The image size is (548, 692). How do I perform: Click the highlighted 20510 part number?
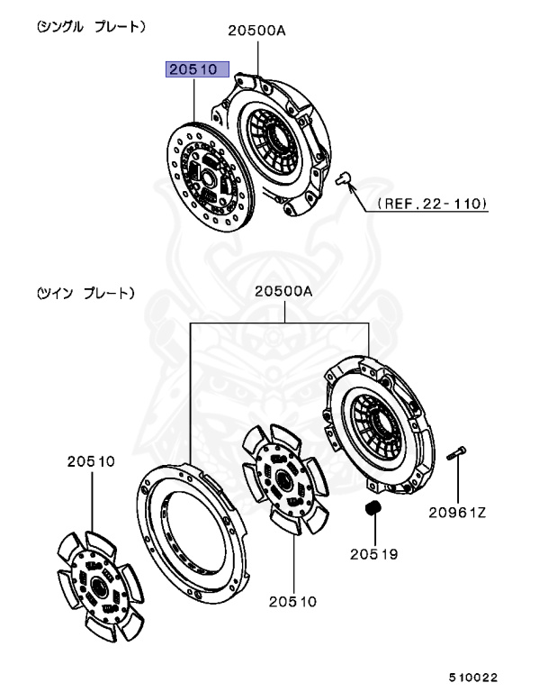(x=195, y=68)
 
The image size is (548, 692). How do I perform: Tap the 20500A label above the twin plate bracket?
(x=283, y=291)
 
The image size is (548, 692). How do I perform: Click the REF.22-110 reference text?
(x=431, y=204)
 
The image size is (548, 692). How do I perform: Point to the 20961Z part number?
(x=456, y=514)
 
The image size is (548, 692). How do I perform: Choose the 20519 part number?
(x=373, y=553)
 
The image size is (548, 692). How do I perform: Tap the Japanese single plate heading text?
(x=91, y=28)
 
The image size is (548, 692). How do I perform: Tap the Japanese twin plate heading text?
(x=86, y=293)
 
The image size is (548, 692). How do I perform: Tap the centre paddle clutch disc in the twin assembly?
(x=283, y=482)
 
